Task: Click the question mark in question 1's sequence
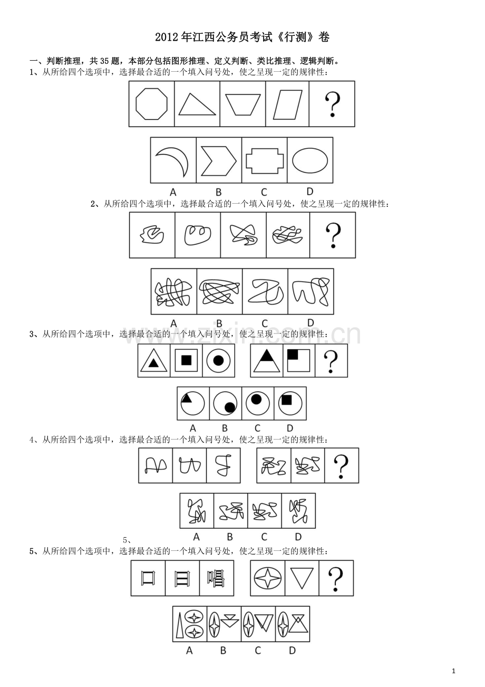[332, 104]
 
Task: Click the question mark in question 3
[331, 361]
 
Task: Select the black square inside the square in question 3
[186, 360]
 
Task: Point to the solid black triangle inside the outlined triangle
[153, 363]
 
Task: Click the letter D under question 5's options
[292, 651]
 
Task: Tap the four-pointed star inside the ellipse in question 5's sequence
[267, 578]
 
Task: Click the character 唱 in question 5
[216, 578]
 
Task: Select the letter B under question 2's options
[219, 323]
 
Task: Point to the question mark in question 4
[341, 466]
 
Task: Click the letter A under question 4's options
[197, 537]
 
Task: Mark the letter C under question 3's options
[257, 428]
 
